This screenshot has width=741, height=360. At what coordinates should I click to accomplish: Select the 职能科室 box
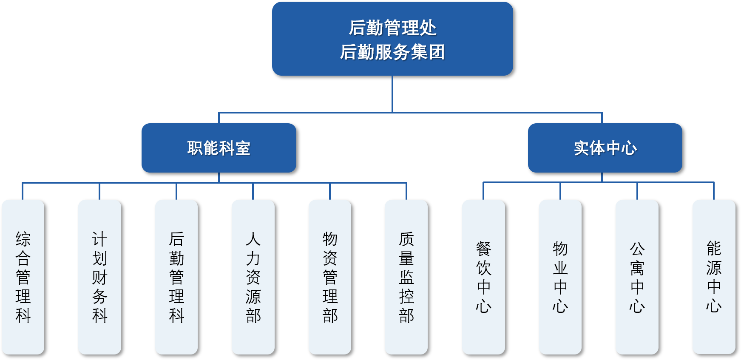pos(219,148)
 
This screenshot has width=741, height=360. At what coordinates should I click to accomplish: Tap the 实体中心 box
pos(605,148)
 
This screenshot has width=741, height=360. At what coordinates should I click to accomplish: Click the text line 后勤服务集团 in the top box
pos(392,52)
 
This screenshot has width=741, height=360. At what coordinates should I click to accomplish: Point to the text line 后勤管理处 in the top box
pos(392,28)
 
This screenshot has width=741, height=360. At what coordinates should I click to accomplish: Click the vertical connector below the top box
pos(392,94)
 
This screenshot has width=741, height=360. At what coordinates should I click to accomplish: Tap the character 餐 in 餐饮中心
pos(483,249)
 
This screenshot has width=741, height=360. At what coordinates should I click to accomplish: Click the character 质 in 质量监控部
pos(406,239)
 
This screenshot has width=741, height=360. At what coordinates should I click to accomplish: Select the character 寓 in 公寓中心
pos(637,268)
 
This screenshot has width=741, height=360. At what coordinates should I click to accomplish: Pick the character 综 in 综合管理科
pos(23,239)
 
